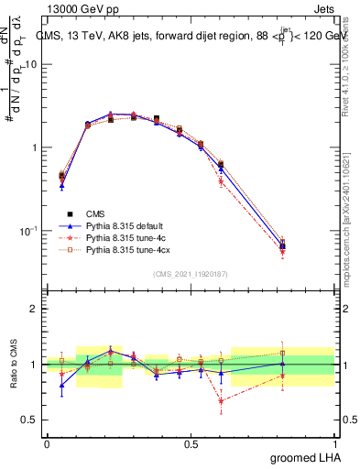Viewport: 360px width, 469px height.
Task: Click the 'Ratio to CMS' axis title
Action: [15, 364]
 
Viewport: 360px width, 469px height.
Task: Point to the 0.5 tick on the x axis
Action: [191, 442]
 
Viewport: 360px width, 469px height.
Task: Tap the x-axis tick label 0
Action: [47, 442]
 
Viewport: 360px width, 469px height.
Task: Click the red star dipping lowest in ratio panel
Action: [221, 400]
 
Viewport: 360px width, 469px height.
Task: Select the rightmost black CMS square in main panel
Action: [282, 245]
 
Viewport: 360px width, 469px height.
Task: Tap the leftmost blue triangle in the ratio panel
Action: [61, 385]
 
